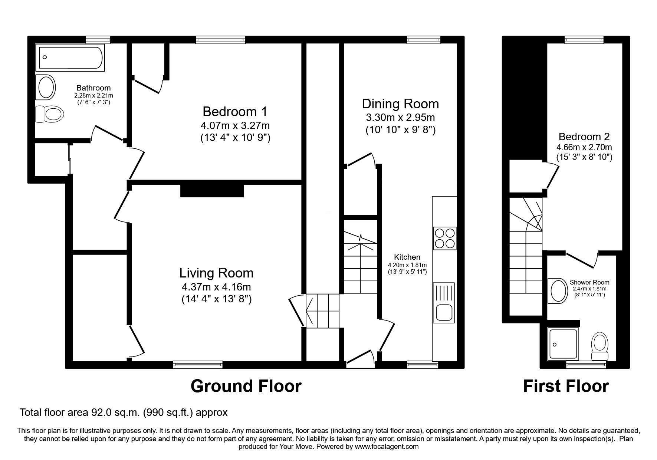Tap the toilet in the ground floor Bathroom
pyautogui.click(x=49, y=114)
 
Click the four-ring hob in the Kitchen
pyautogui.click(x=444, y=238)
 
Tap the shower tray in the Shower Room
pyautogui.click(x=563, y=344)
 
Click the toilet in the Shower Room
pyautogui.click(x=599, y=346)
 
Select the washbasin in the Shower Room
pyautogui.click(x=558, y=291)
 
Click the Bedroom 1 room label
pyautogui.click(x=235, y=111)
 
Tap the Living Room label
pyautogui.click(x=217, y=273)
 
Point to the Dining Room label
pyautogui.click(x=400, y=103)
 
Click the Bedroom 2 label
pyautogui.click(x=584, y=137)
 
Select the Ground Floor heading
pyautogui.click(x=246, y=386)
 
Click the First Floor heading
pyautogui.click(x=566, y=386)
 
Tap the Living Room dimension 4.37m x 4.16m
pyautogui.click(x=217, y=287)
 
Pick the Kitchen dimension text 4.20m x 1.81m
pyautogui.click(x=407, y=265)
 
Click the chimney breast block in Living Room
pyautogui.click(x=212, y=190)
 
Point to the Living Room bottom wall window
pyautogui.click(x=198, y=364)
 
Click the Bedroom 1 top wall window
pyautogui.click(x=221, y=39)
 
